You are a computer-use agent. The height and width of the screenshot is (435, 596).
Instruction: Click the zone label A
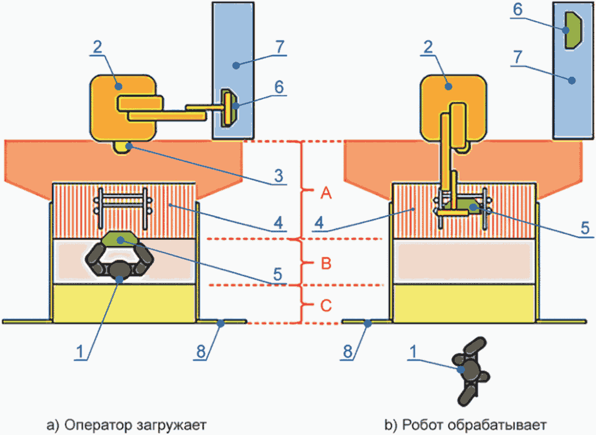[326, 193]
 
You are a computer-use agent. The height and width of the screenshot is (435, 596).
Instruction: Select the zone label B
[326, 263]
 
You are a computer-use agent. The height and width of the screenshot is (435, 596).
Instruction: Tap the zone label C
[326, 305]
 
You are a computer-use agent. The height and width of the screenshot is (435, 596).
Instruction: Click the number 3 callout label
[278, 176]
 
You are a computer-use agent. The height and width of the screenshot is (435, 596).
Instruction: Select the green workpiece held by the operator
[120, 238]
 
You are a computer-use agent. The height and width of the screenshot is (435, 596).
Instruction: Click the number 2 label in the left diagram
[97, 47]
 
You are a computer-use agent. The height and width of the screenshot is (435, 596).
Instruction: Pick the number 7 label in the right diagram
[517, 57]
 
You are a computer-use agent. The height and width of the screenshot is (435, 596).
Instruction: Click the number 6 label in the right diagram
[517, 10]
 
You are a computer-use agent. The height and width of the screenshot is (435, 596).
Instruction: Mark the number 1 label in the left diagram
[80, 352]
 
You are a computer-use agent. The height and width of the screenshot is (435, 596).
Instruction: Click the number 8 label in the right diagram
[348, 352]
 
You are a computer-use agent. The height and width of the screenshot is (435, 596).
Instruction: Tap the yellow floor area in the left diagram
[124, 303]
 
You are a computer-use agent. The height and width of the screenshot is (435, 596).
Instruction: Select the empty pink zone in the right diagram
[464, 262]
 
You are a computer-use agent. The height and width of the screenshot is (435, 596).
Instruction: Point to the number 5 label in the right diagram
[585, 228]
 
